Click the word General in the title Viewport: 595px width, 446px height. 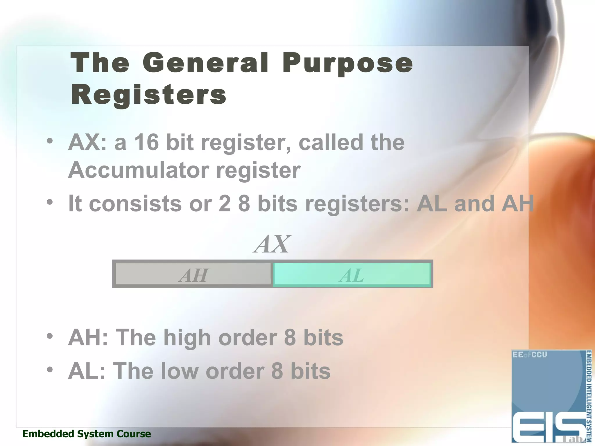pyautogui.click(x=205, y=63)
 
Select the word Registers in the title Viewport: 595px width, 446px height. pyautogui.click(x=148, y=95)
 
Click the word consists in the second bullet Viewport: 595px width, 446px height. pyautogui.click(x=135, y=204)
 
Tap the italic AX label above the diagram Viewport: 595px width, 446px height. pyautogui.click(x=272, y=244)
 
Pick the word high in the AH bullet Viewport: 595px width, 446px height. pyautogui.click(x=187, y=338)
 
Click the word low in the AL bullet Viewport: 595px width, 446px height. pyautogui.click(x=180, y=371)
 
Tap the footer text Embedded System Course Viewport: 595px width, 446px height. pyautogui.click(x=87, y=434)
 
